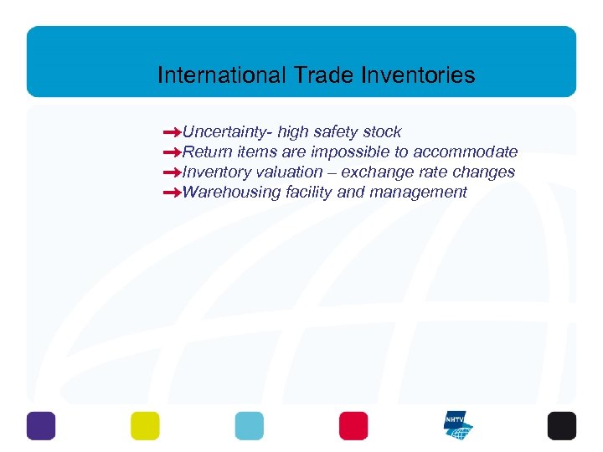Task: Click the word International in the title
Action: (x=222, y=76)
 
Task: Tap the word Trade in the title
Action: (x=324, y=76)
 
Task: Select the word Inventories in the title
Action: (x=418, y=76)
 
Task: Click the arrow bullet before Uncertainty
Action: (x=173, y=132)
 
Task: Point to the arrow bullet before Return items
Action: (x=173, y=152)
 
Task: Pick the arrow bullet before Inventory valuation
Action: (x=173, y=172)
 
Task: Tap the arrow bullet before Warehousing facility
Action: (x=173, y=193)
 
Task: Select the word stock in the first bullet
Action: (x=382, y=132)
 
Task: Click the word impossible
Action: (x=351, y=152)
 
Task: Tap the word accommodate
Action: (x=465, y=152)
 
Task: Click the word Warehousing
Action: (x=231, y=193)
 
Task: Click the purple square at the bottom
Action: (x=41, y=426)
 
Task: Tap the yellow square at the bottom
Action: (x=145, y=426)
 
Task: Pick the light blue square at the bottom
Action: (x=249, y=426)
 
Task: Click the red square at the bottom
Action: (x=353, y=426)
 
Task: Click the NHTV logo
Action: (x=458, y=426)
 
